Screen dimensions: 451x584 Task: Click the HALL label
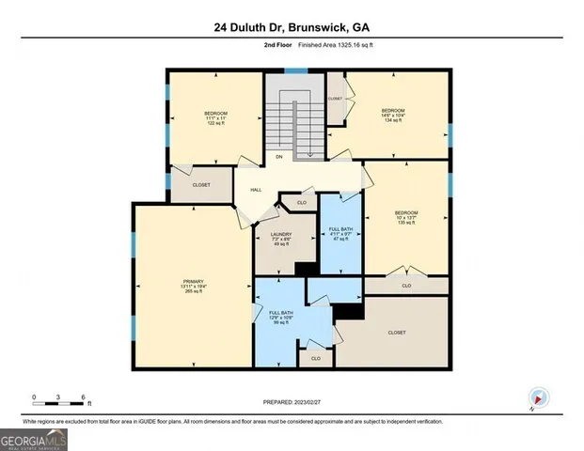coord(255,190)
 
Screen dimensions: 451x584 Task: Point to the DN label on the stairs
coord(279,157)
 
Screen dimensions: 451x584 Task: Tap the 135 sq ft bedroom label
coord(405,218)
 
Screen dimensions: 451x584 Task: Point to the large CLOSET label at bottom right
coord(397,333)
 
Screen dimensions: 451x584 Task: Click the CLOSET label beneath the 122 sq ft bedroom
coord(201,185)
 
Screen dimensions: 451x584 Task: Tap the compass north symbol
coord(537,397)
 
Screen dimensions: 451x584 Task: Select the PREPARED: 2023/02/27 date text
coord(291,402)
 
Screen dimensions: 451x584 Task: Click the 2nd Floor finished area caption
coord(292,44)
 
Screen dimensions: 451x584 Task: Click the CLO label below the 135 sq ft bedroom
coord(406,285)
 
